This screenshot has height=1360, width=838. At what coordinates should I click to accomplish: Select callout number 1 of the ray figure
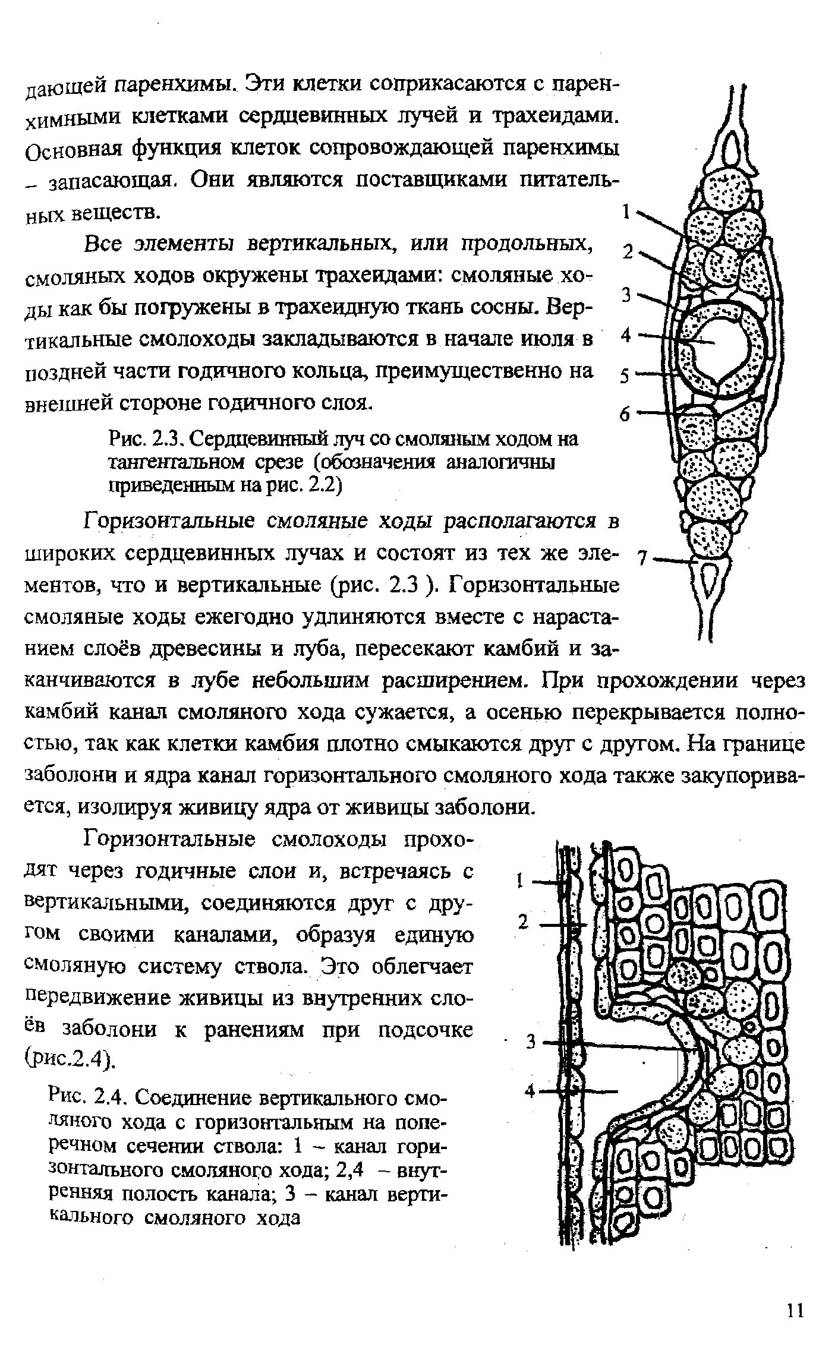[x=625, y=212]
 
